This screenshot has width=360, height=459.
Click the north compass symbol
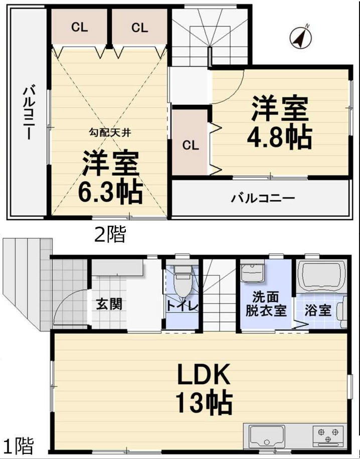[301, 38]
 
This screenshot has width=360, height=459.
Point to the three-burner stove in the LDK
[328, 435]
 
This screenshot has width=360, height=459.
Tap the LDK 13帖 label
[204, 389]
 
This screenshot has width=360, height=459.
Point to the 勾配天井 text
[110, 133]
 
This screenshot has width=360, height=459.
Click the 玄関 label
[109, 304]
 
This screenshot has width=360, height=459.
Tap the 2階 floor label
[110, 234]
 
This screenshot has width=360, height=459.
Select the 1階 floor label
[18, 446]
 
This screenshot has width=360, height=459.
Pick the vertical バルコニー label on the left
[29, 112]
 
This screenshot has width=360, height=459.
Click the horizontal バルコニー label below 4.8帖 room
[263, 199]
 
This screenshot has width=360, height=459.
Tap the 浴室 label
[318, 310]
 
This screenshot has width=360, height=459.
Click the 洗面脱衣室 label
[266, 304]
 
